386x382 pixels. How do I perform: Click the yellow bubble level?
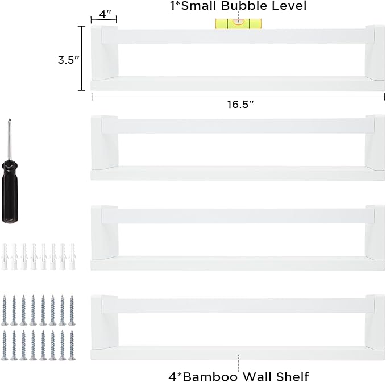(238, 24)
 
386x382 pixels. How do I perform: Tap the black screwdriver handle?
(10, 192)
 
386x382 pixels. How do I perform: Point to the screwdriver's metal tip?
(9, 120)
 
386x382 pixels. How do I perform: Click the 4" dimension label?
(105, 14)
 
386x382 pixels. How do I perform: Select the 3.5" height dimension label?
(68, 60)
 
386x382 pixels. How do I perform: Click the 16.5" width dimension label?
(240, 105)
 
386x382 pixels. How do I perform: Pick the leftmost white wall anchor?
(5, 257)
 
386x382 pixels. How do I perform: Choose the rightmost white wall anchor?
(72, 257)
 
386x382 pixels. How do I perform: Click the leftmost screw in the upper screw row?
(4, 310)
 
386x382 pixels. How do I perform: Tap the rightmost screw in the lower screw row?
(72, 345)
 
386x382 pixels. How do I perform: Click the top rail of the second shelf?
(238, 126)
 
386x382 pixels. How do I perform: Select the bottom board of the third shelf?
(238, 263)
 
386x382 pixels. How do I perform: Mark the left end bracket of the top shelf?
(105, 53)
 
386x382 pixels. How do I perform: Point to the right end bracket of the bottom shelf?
(375, 322)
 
